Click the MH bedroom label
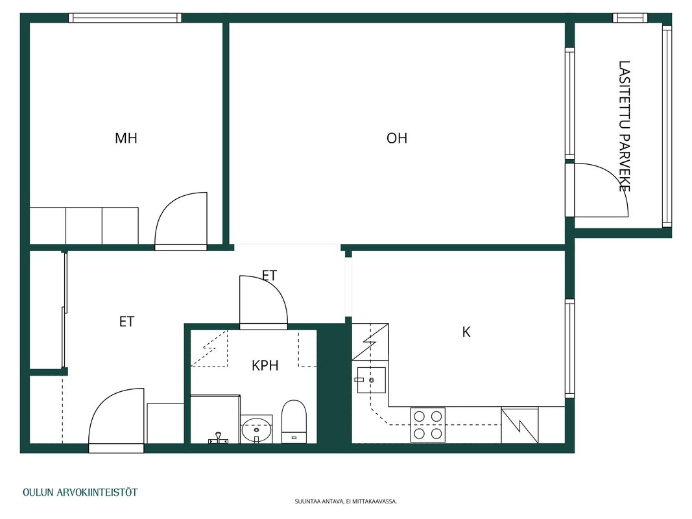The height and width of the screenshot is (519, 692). [x=126, y=138]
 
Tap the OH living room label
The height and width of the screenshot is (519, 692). [x=397, y=138]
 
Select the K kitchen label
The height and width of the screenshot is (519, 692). [x=466, y=332]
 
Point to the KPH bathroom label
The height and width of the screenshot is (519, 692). [x=265, y=365]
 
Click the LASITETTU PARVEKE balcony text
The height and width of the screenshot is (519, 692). [x=624, y=127]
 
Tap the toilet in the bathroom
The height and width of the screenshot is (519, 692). [x=294, y=421]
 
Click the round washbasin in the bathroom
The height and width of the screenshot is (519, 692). [x=256, y=429]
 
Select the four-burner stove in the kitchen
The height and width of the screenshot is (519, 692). [x=427, y=424]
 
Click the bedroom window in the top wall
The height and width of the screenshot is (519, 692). [x=125, y=18]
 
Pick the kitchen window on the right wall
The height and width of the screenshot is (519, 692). [x=570, y=348]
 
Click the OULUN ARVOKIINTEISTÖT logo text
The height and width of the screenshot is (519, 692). [x=80, y=492]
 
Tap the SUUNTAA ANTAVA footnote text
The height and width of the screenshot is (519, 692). [x=346, y=501]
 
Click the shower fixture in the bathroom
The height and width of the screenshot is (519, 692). [x=217, y=438]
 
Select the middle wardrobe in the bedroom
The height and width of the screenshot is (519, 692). [x=84, y=226]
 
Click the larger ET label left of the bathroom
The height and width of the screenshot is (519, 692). [x=126, y=322]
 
